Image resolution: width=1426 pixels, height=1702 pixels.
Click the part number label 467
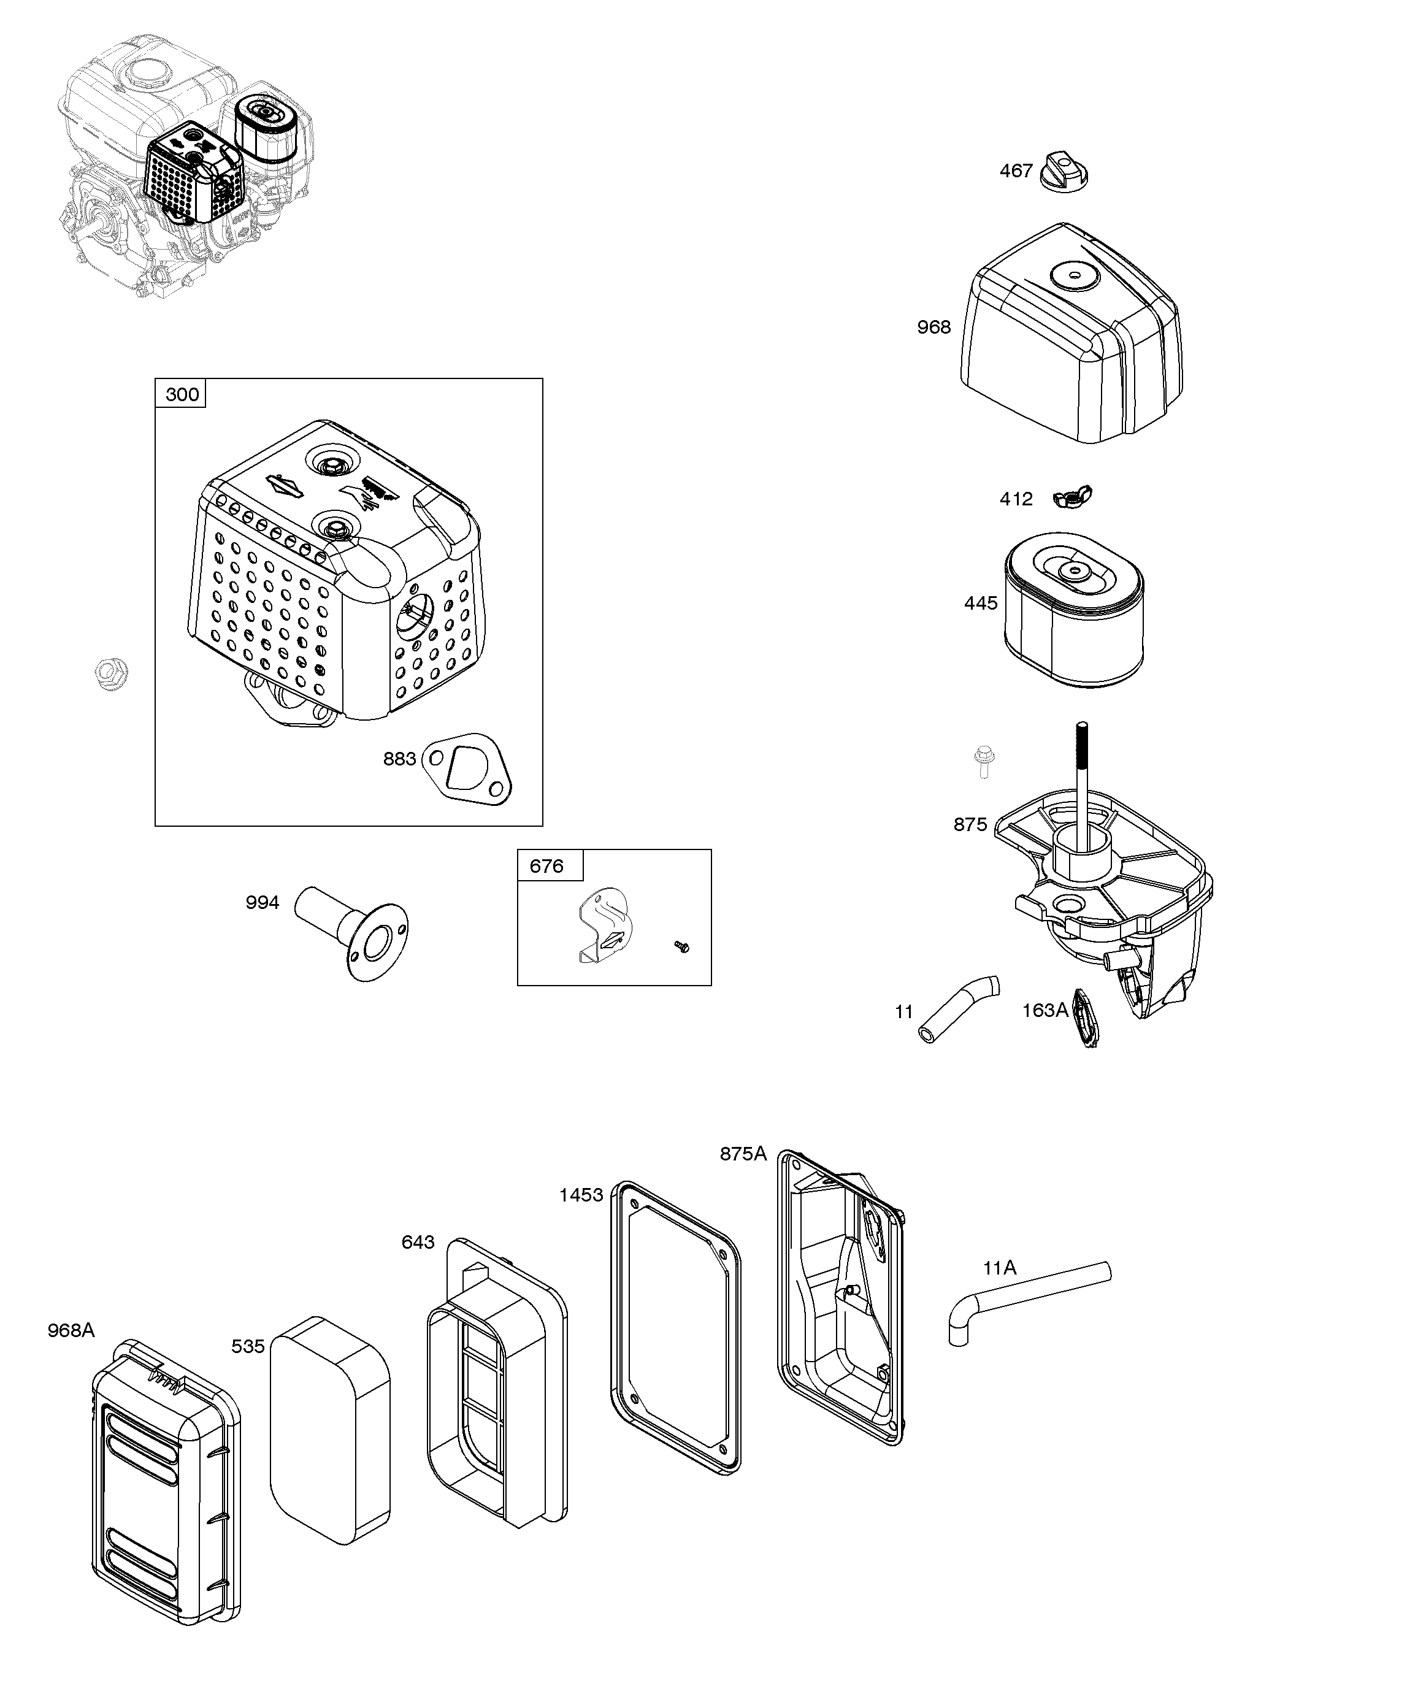click(x=1015, y=171)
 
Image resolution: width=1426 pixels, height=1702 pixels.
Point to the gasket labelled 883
click(x=469, y=769)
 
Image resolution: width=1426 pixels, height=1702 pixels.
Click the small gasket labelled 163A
click(x=1084, y=1018)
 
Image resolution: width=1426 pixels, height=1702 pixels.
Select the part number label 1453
click(x=580, y=1195)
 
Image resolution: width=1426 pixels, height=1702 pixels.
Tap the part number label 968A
click(x=71, y=1330)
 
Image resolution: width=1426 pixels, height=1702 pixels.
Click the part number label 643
click(x=418, y=1241)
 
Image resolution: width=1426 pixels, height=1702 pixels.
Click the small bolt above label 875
click(x=983, y=761)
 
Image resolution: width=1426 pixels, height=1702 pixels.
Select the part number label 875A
click(x=743, y=1153)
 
